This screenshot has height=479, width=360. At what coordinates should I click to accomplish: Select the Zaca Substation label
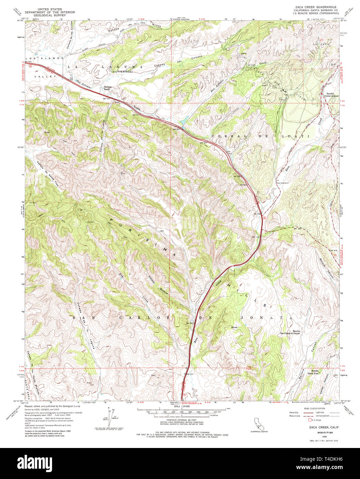click(x=282, y=183)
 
